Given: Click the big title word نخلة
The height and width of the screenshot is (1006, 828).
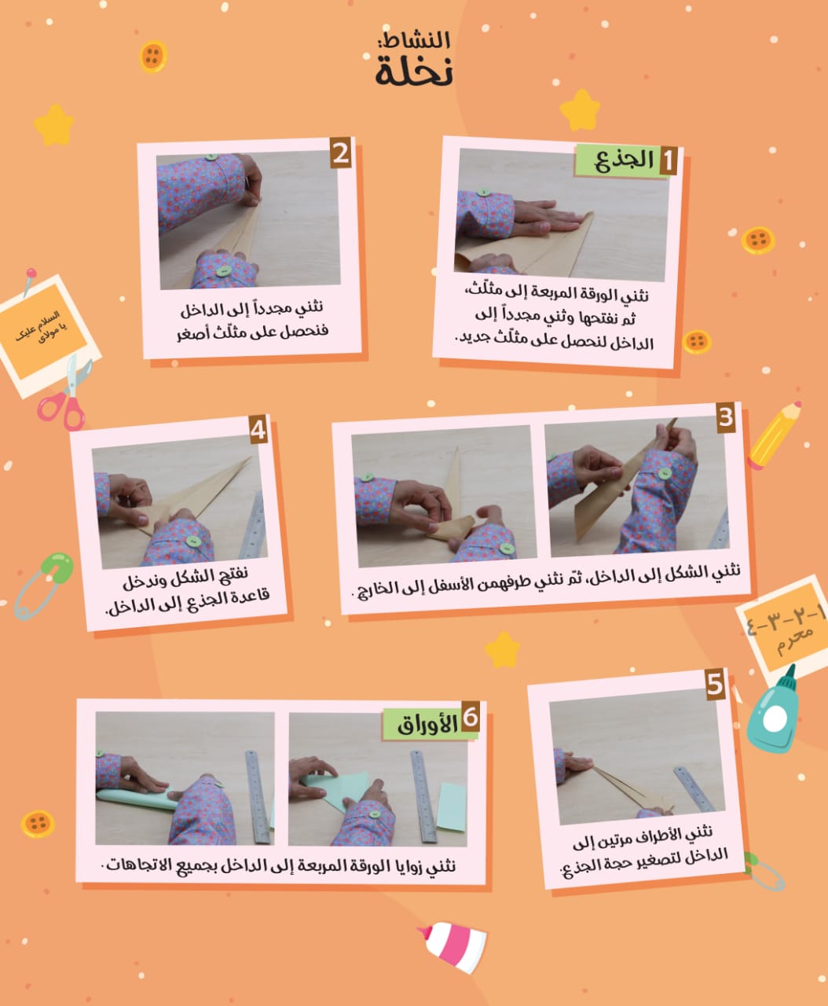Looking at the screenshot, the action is [x=414, y=72].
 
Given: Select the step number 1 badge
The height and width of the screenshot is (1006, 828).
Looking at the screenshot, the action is [x=668, y=160].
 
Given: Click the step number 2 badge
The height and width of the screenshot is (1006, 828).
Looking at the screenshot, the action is [x=341, y=153].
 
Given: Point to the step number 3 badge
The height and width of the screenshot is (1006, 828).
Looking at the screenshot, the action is [x=726, y=417].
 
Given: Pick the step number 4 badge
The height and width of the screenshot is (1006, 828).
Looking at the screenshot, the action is [x=258, y=430].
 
